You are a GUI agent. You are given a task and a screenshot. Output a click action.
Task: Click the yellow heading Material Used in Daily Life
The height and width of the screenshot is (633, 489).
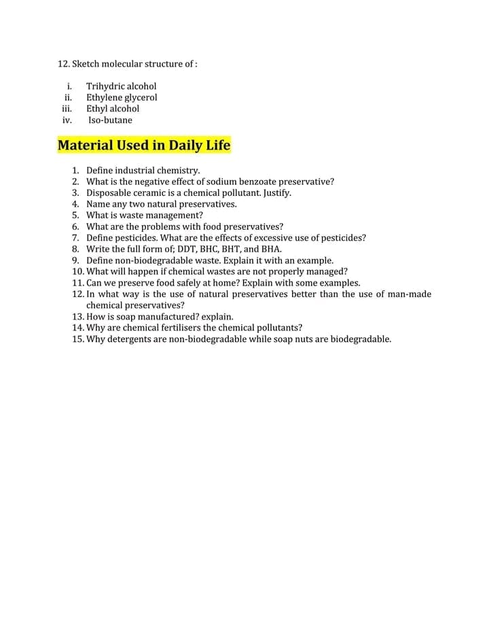(x=144, y=146)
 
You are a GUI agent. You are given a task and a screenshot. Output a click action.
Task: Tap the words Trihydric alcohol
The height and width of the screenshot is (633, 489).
(x=121, y=86)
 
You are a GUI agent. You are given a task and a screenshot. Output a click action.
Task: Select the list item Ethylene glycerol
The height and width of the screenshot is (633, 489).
(x=122, y=97)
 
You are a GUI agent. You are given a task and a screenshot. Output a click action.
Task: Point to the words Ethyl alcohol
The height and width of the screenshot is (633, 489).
(x=113, y=109)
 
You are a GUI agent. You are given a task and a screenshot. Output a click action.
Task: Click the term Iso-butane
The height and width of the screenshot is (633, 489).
(x=111, y=120)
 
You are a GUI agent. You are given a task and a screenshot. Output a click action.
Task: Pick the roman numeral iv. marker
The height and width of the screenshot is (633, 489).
(x=67, y=120)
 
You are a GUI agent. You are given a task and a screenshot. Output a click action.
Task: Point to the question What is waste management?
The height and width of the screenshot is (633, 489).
(x=145, y=216)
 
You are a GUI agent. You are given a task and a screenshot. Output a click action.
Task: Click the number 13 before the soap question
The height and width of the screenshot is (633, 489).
(x=77, y=317)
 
